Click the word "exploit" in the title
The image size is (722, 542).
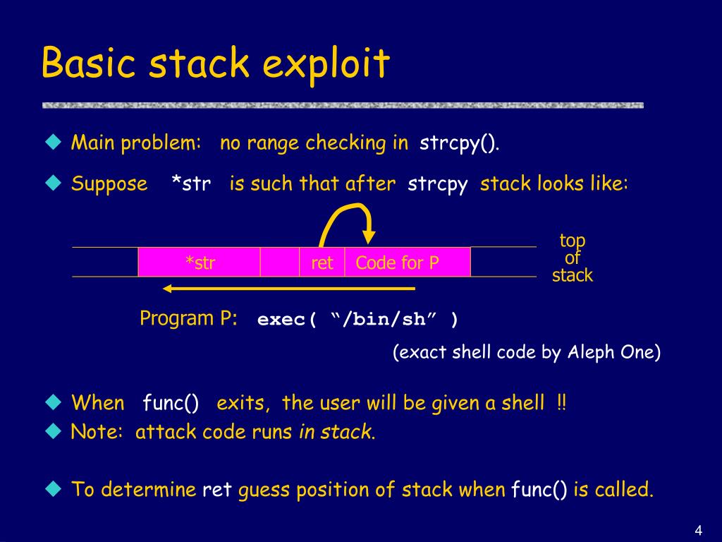click(x=326, y=64)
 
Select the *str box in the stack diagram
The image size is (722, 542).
click(x=200, y=263)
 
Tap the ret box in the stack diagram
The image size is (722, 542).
click(x=322, y=263)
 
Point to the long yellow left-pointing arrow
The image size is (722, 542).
click(x=289, y=288)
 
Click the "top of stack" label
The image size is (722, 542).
click(x=572, y=258)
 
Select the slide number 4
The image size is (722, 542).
click(x=698, y=531)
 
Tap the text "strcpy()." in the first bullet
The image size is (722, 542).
click(x=460, y=143)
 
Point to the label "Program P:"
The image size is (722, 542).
click(x=188, y=318)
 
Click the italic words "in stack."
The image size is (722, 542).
click(x=337, y=432)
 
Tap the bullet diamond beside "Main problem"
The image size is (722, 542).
click(x=53, y=143)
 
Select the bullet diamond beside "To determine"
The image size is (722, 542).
click(x=53, y=488)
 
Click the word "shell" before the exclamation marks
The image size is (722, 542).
click(x=522, y=403)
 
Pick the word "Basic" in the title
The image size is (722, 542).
click(x=88, y=64)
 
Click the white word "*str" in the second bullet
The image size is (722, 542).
click(x=190, y=184)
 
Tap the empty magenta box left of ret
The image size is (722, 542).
click(x=280, y=263)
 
